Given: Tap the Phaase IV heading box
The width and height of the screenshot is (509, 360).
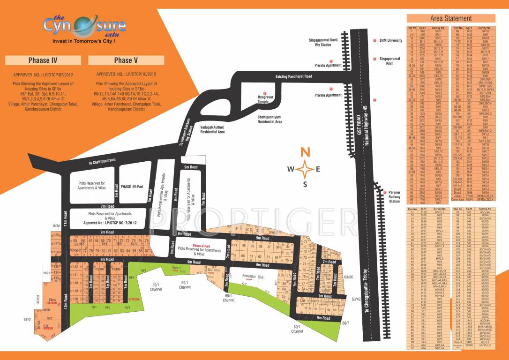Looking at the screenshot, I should [x=43, y=60].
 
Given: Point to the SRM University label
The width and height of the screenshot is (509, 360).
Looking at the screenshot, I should [x=391, y=41].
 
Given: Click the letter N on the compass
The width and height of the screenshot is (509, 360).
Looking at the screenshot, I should [x=305, y=152].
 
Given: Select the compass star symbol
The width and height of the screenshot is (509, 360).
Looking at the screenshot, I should [x=305, y=168].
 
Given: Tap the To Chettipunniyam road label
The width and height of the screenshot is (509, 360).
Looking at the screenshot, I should [x=105, y=163].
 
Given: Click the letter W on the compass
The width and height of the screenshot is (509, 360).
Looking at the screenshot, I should [x=291, y=169].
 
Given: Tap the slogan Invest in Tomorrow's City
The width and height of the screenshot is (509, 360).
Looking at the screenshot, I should [x=83, y=41].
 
